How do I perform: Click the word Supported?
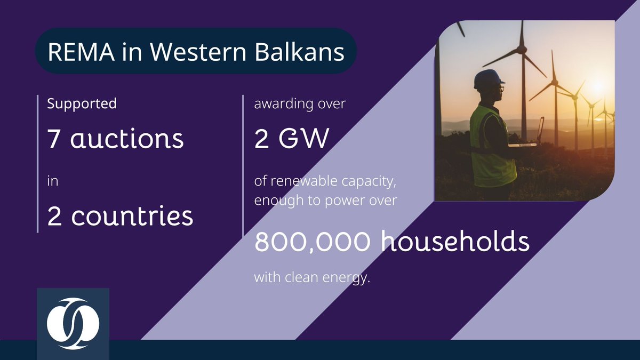tap(82, 103)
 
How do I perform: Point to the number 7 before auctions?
tap(54, 139)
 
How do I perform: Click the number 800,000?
tap(312, 242)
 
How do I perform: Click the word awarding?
tap(279, 104)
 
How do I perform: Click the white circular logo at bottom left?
tap(73, 323)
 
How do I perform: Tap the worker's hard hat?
tap(488, 79)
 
